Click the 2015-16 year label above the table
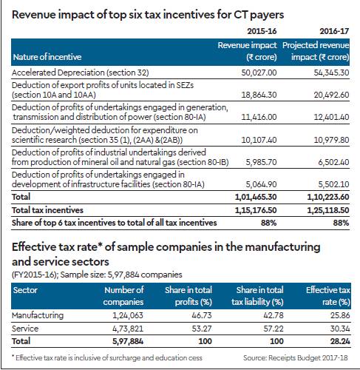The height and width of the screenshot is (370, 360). coord(262,31)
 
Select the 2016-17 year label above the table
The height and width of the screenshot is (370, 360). coord(334,31)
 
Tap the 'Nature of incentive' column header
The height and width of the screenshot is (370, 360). coord(47,57)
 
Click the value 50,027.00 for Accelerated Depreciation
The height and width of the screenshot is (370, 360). coord(259,73)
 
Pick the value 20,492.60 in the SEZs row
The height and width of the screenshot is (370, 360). coord(331,95)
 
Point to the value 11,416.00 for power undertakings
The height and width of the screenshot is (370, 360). coord(259,117)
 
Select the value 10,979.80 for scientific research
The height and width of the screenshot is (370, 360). coord(331,140)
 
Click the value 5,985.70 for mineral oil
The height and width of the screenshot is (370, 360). coord(261,162)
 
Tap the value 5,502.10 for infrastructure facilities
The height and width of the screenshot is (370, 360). coord(333,184)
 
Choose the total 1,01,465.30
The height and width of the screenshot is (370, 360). coord(256,197)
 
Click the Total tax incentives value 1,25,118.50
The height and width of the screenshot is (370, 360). coord(328,210)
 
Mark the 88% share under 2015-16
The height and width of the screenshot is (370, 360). coord(269,223)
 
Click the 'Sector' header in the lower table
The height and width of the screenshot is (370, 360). coord(25,290)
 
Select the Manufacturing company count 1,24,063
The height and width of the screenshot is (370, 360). coord(128,315)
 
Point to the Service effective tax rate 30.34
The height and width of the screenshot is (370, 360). coord(340,329)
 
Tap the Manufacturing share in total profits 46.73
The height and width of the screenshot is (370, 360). coord(202,315)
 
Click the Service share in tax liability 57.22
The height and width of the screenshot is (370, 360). coord(274,329)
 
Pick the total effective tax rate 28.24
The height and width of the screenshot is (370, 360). coord(340,341)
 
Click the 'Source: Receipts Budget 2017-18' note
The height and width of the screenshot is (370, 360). coord(296,357)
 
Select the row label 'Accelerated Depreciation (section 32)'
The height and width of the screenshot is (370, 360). coord(81,73)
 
